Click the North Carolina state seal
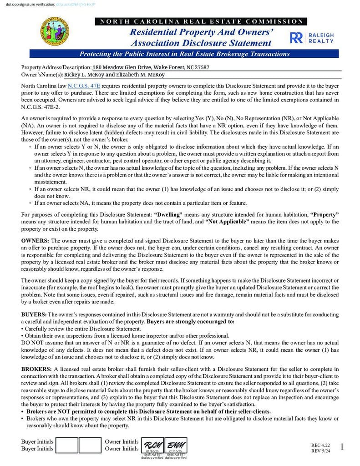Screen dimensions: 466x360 (x=55, y=31)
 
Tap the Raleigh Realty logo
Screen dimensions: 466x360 (x=312, y=38)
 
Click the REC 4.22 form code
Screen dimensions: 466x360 (x=320, y=445)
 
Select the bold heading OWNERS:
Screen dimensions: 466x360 (x=35, y=240)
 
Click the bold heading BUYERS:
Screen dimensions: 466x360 (x=34, y=314)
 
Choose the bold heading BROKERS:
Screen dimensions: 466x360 (x=37, y=369)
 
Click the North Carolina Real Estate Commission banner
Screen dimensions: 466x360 (x=201, y=21)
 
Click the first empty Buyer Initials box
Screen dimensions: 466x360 (x=67, y=445)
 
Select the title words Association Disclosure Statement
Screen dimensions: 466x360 (x=201, y=43)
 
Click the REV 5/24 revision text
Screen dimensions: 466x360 (x=320, y=451)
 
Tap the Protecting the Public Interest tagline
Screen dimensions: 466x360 (x=184, y=54)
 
